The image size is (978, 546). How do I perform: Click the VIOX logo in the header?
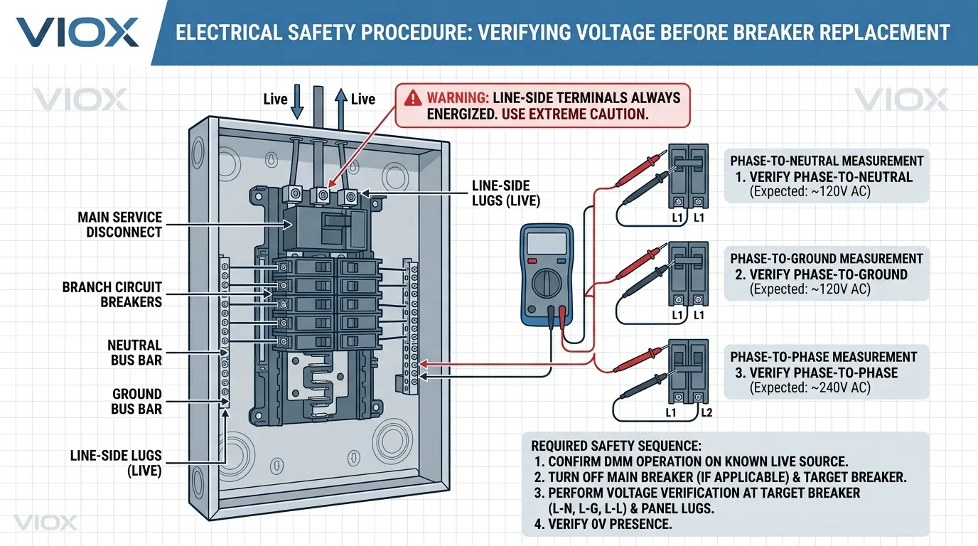click(x=77, y=33)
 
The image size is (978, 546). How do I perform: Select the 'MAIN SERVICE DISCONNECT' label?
click(x=120, y=224)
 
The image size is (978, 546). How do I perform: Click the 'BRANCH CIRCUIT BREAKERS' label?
click(x=112, y=294)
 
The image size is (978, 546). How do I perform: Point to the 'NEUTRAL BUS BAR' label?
click(x=136, y=353)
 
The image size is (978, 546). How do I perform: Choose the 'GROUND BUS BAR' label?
click(x=136, y=402)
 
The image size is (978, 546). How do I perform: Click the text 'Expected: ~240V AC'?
click(x=810, y=388)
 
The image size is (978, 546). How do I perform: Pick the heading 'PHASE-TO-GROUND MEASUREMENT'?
click(x=827, y=259)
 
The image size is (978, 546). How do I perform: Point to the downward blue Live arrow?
click(x=298, y=100)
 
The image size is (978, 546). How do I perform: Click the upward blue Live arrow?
click(x=341, y=100)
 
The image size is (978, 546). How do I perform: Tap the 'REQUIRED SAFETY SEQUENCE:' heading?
click(x=616, y=446)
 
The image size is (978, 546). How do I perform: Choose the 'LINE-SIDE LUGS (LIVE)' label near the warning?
click(x=506, y=193)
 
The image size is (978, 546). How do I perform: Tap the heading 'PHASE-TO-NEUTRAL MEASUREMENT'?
click(x=827, y=161)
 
